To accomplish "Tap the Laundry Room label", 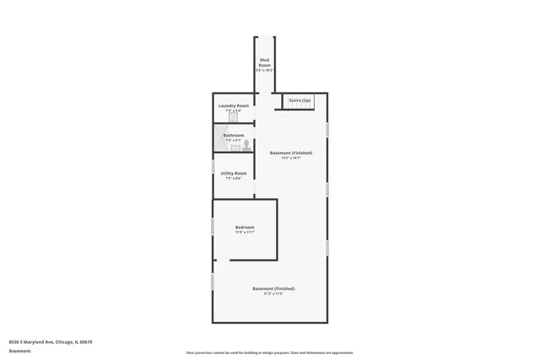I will click(234, 105).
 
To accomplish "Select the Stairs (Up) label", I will click(300, 100).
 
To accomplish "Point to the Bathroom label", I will click(234, 135).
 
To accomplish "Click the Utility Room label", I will click(234, 173).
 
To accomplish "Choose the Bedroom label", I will click(245, 227).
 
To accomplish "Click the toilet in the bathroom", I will click(246, 145).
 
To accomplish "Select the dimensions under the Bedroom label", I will click(245, 233).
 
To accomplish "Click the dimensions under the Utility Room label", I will click(234, 179).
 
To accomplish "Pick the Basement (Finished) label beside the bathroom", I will click(291, 153).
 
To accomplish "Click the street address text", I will click(51, 341).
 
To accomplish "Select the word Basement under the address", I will click(19, 350).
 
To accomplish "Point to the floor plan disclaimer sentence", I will click(270, 352).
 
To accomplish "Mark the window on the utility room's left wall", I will click(213, 167).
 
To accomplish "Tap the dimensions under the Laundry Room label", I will click(234, 111).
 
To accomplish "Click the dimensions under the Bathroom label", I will click(234, 140).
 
